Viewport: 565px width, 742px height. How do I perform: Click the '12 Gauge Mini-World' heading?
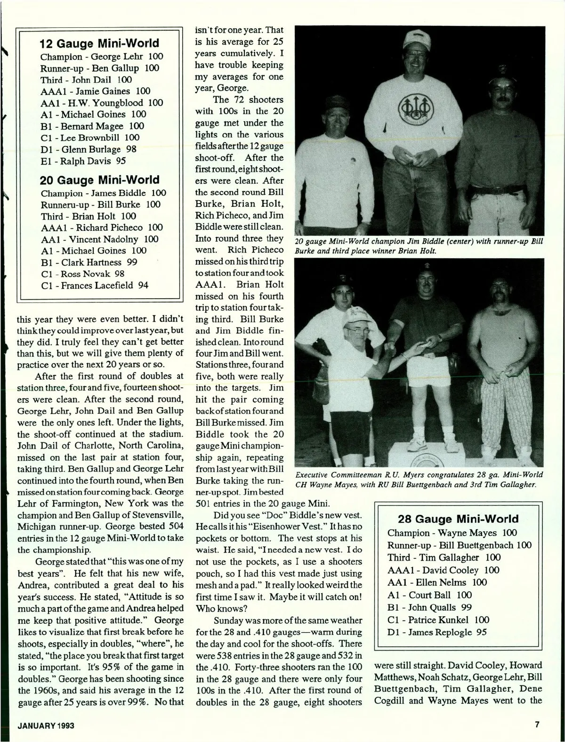click(99, 44)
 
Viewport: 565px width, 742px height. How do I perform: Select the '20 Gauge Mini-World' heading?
click(99, 179)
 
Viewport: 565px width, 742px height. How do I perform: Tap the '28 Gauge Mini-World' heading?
click(458, 519)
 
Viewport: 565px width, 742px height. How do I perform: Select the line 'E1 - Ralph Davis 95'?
click(83, 161)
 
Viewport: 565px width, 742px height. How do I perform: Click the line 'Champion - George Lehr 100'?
click(102, 57)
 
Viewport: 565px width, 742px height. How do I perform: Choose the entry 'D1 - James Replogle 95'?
click(437, 632)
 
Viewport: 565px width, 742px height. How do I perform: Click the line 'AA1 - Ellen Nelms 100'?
click(437, 582)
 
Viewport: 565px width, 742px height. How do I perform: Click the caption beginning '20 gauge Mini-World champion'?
click(419, 246)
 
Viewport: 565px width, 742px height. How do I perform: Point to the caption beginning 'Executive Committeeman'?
click(419, 479)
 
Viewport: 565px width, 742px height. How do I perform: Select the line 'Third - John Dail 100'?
click(86, 80)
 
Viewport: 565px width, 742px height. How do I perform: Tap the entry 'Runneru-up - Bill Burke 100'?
click(101, 204)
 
